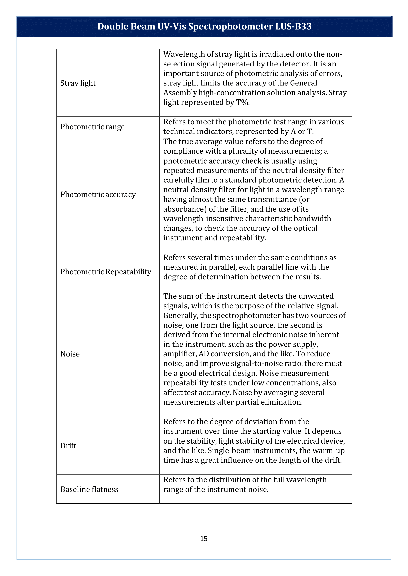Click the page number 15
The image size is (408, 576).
(x=204, y=539)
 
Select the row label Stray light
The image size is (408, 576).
(x=78, y=83)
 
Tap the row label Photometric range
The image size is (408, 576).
(x=92, y=127)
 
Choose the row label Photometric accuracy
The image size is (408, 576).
(x=98, y=195)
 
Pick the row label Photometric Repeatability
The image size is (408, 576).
(x=106, y=272)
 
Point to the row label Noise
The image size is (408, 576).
(x=70, y=354)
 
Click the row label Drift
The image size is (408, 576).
(x=68, y=446)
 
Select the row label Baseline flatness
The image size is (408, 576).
(x=89, y=489)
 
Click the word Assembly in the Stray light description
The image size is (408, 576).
(x=180, y=93)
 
